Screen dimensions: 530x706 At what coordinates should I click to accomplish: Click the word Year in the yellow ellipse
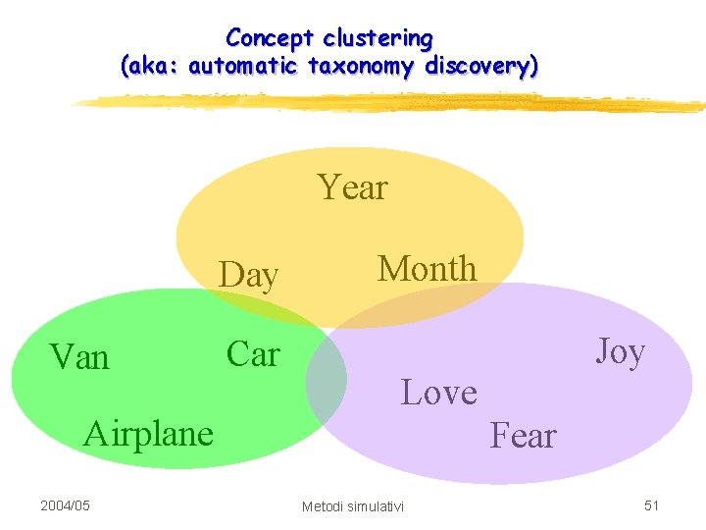pos(353,186)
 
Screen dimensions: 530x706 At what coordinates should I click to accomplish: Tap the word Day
pos(249,276)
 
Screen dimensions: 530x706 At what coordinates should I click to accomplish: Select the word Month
pos(428,268)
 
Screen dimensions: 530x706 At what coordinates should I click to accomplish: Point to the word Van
pos(80,356)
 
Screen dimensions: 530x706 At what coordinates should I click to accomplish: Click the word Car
pos(253,354)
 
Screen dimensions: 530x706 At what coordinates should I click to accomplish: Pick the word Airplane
pos(149,433)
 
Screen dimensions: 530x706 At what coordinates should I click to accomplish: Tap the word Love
pos(439,393)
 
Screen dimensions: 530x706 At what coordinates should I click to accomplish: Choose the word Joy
pos(620,350)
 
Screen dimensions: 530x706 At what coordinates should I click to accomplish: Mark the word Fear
pos(523,435)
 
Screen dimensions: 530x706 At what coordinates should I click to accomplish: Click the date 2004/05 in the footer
pos(65,505)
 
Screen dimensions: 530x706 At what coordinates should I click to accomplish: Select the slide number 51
pos(651,505)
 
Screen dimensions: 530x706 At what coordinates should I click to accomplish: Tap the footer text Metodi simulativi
pos(352,506)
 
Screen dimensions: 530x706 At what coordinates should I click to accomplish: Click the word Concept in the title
pos(270,38)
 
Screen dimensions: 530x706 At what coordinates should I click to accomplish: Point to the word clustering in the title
pos(378,38)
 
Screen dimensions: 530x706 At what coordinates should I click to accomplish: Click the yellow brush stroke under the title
pos(392,102)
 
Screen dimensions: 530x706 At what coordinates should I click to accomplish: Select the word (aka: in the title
pos(150,67)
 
